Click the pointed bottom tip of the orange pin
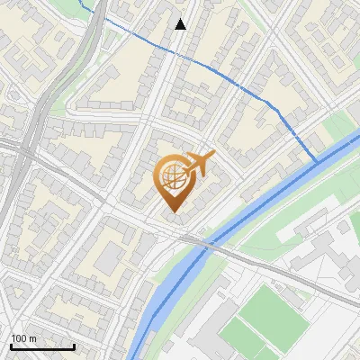(172, 211)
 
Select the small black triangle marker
(181, 24)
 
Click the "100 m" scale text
(24, 338)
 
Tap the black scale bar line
(41, 346)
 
